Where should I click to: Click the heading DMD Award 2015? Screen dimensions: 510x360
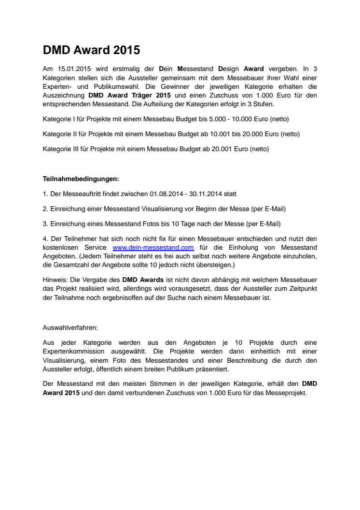pos(91,50)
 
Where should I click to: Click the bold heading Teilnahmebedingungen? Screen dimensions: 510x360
pos(81,179)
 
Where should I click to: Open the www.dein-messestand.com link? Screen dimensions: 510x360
pos(153,247)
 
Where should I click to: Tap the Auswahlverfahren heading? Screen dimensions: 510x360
pos(70,327)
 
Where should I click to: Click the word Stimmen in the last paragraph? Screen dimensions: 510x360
pos(150,384)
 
